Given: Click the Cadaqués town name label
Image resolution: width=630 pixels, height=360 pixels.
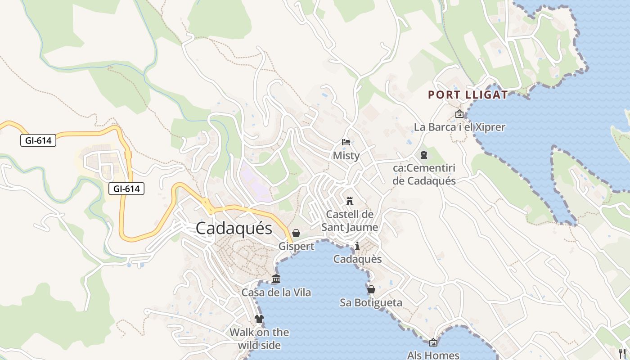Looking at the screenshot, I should click(234, 228).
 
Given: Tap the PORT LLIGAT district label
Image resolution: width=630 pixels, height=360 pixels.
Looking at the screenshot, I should click(468, 95).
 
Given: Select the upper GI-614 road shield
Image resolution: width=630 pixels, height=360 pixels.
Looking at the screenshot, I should click(38, 140).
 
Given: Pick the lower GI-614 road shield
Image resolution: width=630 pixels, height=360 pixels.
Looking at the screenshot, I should click(126, 189).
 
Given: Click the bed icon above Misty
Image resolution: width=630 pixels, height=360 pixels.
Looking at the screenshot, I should click(346, 142).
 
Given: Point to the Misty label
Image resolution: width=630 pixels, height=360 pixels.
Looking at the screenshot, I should click(346, 156).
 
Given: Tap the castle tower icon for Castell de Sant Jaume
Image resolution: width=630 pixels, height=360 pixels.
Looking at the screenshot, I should click(350, 201).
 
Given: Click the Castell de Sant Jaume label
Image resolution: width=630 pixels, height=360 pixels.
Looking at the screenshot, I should click(350, 220).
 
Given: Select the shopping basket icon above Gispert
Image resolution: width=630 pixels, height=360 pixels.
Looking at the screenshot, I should click(296, 233).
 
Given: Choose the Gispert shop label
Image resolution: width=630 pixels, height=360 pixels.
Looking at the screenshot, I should click(296, 246).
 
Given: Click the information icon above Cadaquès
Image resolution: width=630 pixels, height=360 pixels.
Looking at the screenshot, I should click(357, 246).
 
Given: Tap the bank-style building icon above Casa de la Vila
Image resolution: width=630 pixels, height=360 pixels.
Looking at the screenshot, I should click(276, 279).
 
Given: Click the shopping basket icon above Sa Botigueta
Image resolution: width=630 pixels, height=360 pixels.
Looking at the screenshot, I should click(371, 289).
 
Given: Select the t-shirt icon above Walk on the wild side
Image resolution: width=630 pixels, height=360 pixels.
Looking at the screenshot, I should click(259, 319).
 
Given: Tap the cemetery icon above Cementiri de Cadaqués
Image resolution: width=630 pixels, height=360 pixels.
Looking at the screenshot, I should click(423, 155).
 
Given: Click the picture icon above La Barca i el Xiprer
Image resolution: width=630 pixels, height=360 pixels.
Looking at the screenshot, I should click(459, 114).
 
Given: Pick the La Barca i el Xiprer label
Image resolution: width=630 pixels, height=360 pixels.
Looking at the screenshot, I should click(459, 127).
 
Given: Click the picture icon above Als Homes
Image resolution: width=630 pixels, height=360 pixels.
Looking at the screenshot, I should click(433, 342).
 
